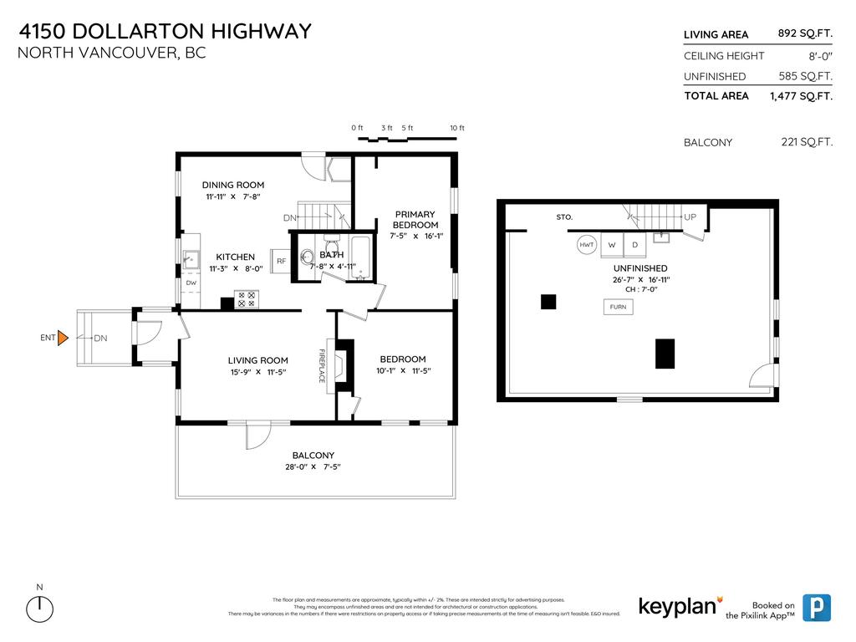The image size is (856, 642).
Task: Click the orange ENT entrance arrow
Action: (62, 338)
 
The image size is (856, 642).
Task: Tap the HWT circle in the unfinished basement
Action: (587, 245)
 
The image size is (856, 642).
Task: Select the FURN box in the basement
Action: (618, 307)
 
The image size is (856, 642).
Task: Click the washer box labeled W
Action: (612, 245)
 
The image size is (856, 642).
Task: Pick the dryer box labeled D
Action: (634, 245)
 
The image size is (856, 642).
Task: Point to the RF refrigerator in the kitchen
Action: (281, 261)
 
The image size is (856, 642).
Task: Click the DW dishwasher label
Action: (191, 283)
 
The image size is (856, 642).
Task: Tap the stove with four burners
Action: (247, 299)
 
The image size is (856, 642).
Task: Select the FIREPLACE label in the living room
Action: (321, 366)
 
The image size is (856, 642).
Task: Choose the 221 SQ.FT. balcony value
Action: (806, 142)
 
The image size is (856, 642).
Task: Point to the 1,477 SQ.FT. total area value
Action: (801, 96)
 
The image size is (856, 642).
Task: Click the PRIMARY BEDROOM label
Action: (415, 220)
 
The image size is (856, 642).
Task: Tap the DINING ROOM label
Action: (233, 185)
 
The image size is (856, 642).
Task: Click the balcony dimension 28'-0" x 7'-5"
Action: (313, 467)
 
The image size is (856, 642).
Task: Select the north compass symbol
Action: (39, 608)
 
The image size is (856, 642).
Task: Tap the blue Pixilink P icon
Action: (816, 608)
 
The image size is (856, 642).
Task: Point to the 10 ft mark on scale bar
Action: (456, 128)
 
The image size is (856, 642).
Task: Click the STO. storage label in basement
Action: (564, 217)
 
